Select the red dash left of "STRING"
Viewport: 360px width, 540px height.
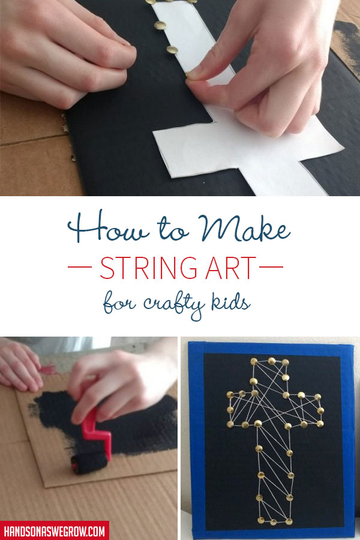pos(81,268)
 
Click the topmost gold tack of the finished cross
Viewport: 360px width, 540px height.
pos(271,361)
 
